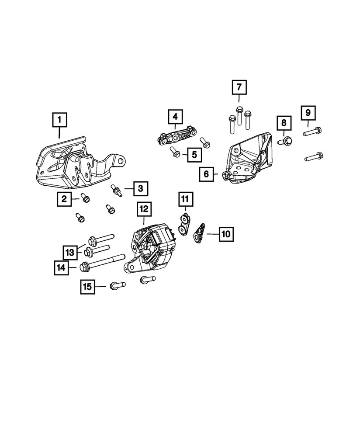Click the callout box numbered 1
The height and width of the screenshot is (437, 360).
tap(60, 119)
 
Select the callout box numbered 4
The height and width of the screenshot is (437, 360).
tap(175, 116)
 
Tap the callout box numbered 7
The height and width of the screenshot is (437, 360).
tap(239, 88)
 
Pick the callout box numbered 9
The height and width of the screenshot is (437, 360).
tap(308, 113)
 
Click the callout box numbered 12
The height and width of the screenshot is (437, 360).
tap(143, 210)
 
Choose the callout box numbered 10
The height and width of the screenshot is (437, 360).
tap(225, 234)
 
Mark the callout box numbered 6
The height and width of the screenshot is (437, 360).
tap(206, 175)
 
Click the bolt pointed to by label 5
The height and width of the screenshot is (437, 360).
tap(174, 152)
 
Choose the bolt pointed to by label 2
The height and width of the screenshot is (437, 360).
tap(85, 199)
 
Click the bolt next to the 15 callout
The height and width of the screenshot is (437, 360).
tap(117, 285)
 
